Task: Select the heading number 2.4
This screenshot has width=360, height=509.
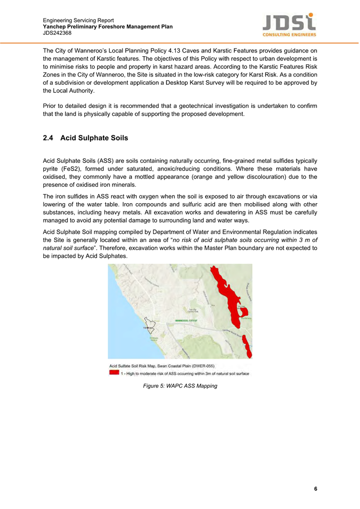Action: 49,138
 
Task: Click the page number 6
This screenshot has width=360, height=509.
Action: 316,489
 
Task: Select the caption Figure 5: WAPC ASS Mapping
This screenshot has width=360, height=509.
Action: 180,386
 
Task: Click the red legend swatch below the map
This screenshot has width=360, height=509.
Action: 114,373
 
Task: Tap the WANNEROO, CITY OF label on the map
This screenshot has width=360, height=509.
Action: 186,320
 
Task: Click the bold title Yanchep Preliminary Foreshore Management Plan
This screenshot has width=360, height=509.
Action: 108,27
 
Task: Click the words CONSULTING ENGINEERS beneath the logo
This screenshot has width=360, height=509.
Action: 289,35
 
